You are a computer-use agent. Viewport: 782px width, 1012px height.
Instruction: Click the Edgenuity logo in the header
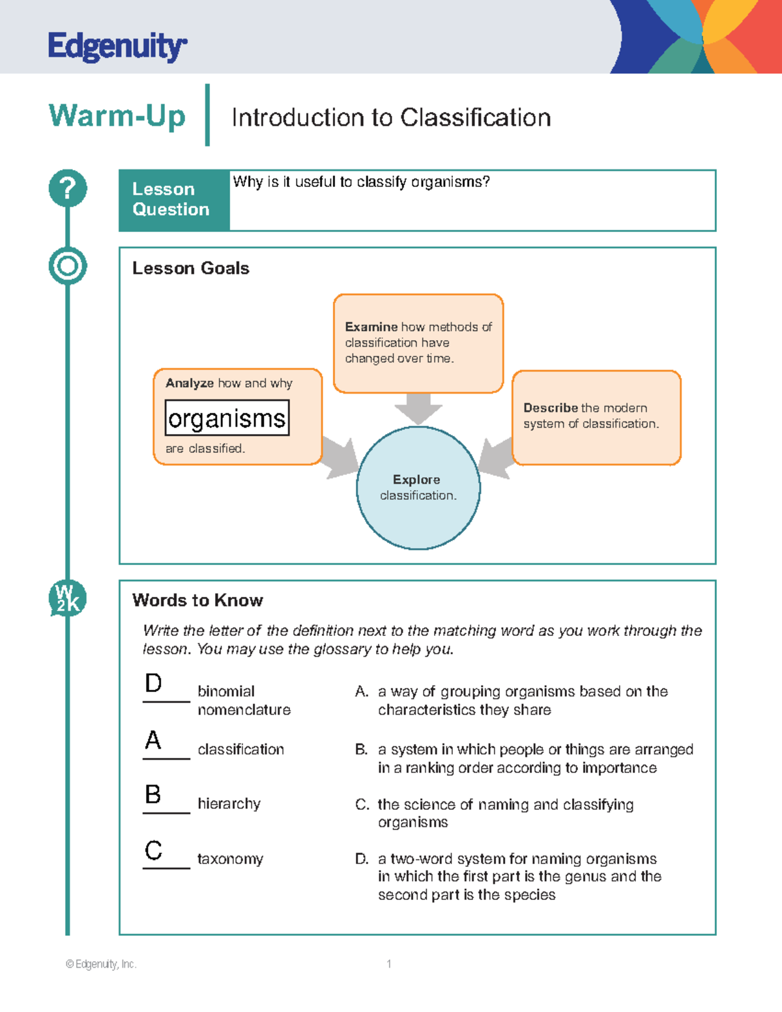[117, 47]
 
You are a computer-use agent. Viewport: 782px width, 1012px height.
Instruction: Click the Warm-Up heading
[117, 116]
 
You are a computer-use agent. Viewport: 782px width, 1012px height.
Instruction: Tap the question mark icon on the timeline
[68, 188]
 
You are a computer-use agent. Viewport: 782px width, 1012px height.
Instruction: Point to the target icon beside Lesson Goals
[68, 266]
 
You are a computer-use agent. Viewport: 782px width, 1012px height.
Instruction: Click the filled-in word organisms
[227, 418]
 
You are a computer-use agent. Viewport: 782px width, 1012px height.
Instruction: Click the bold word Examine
[371, 327]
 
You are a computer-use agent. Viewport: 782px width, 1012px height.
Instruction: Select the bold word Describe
[550, 408]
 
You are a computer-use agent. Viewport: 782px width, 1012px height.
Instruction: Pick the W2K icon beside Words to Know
[68, 598]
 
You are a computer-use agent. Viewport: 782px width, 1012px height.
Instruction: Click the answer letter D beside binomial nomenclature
[153, 684]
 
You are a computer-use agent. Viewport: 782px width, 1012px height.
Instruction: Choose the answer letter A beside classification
[153, 740]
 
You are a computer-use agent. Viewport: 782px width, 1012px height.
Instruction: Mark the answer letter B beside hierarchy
[153, 795]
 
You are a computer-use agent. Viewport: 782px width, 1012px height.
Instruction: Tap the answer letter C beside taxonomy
[153, 850]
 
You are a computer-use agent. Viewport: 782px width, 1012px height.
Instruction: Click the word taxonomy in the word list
[230, 859]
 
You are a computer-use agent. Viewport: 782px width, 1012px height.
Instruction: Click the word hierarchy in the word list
[229, 804]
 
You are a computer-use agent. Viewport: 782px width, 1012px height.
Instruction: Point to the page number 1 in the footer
[389, 964]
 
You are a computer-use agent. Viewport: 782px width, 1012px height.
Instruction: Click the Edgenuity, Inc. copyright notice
[101, 964]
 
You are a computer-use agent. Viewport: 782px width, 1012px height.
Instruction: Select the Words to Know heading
[197, 600]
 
